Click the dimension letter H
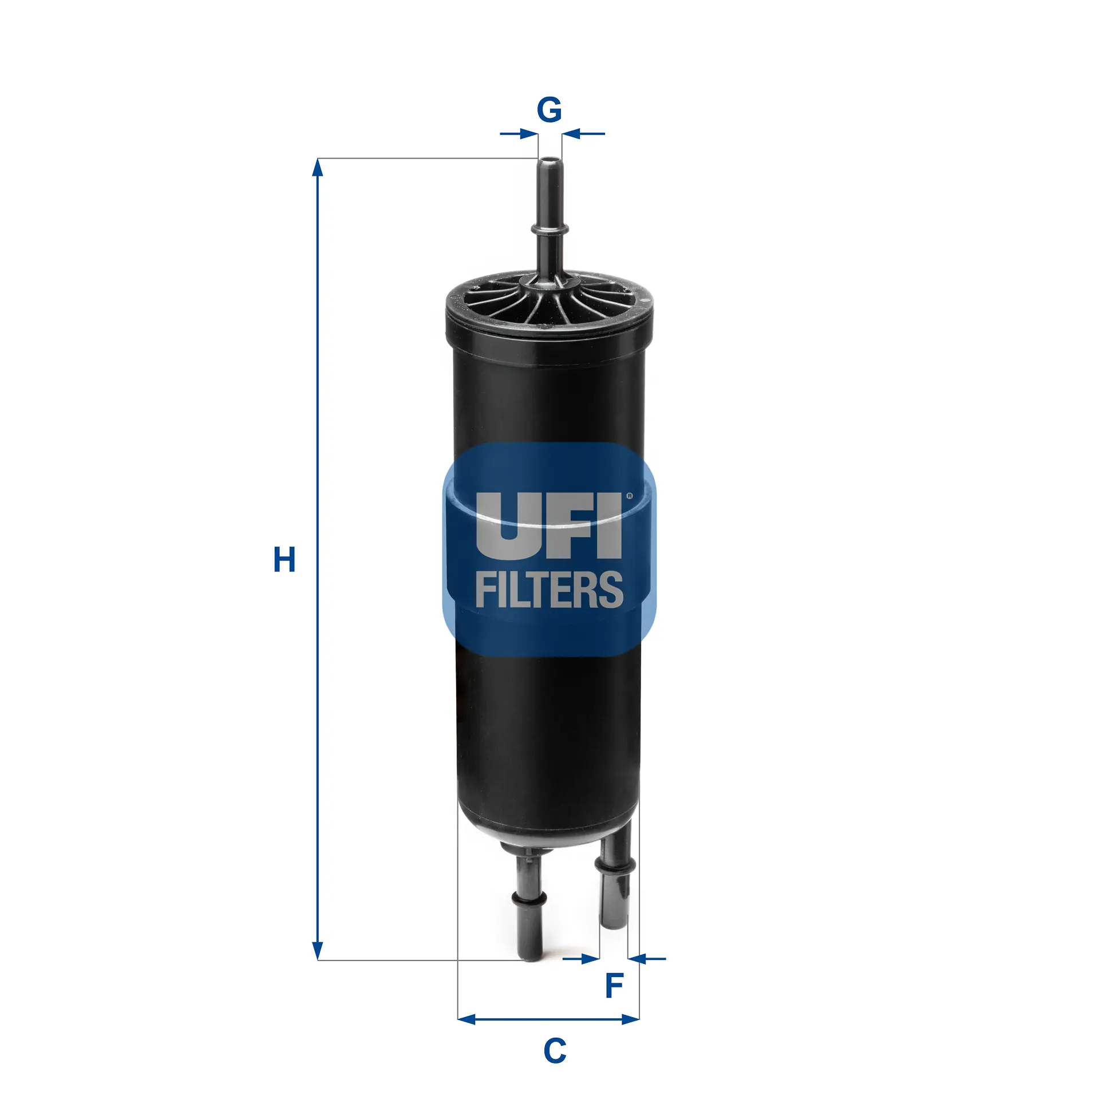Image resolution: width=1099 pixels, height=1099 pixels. (x=284, y=559)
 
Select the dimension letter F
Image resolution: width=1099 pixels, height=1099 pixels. (x=614, y=985)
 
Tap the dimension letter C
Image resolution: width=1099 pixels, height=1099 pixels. (x=554, y=1051)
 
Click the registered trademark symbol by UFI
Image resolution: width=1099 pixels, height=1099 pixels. (x=630, y=496)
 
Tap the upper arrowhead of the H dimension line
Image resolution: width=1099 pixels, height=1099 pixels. (x=318, y=167)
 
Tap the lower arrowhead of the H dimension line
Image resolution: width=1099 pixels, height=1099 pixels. (x=318, y=951)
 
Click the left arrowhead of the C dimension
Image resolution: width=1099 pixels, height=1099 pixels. (x=466, y=1019)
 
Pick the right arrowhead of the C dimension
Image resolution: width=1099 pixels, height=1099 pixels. (x=631, y=1019)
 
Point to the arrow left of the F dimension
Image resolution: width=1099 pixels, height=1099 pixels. (x=590, y=958)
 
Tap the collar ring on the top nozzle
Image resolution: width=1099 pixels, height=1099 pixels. (x=549, y=230)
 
